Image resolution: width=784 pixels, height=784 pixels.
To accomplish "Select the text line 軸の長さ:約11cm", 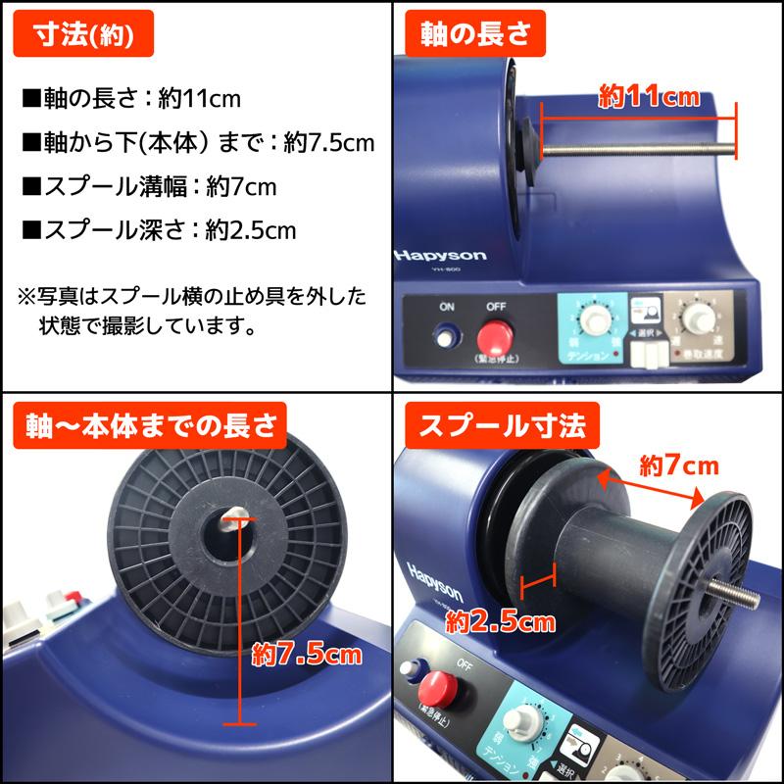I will tap(130, 99).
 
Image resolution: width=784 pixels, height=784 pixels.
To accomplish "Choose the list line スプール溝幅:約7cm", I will tap(148, 186).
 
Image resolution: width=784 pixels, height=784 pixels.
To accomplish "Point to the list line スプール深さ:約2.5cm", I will tap(158, 230).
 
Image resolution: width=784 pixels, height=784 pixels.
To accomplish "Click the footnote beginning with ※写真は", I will tap(192, 310).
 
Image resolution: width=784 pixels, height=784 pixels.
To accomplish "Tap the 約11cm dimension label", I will tap(648, 96).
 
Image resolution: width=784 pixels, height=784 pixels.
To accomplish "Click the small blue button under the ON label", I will tap(448, 339).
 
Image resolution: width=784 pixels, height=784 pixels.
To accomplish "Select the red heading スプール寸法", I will tap(503, 426).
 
